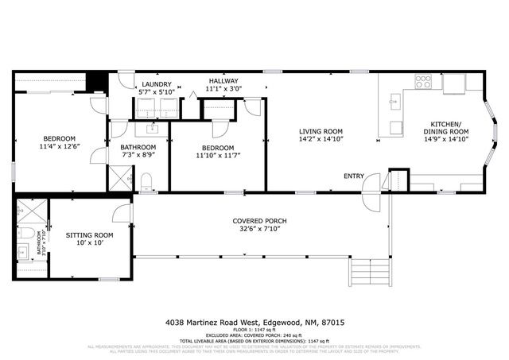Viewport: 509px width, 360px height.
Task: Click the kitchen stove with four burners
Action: coord(423,81)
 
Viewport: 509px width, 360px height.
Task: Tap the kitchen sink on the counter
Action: coord(393,102)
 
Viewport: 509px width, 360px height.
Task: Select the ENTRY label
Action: coord(354,176)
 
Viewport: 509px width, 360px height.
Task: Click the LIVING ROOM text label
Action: coord(321,131)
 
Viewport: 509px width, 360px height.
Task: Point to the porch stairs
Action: coord(370,274)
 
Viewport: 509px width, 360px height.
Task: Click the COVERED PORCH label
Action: coord(259,220)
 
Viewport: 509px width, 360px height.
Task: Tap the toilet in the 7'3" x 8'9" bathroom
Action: coord(146,184)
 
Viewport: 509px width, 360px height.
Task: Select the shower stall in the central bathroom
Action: coord(121,182)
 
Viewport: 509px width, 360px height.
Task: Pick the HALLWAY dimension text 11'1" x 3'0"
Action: coord(223,90)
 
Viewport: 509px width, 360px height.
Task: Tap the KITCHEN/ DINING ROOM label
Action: coord(446,129)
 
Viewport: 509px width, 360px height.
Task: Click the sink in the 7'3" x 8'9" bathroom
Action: coord(153,129)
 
